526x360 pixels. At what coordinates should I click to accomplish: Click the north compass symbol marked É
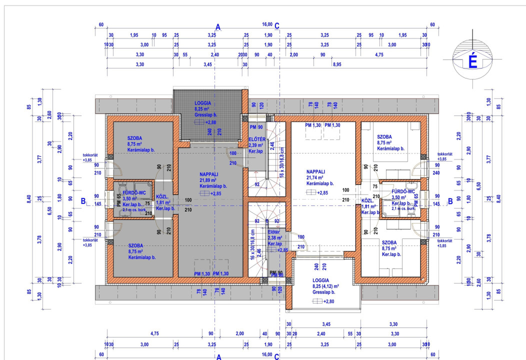471,62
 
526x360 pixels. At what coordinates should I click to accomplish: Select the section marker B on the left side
83,201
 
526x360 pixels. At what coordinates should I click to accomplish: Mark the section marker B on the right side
450,201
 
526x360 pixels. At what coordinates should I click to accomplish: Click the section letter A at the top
218,26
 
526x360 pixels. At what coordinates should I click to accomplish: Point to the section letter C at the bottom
277,356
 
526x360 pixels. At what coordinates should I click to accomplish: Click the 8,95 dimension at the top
337,64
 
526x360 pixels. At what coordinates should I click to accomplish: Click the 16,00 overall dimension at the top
267,24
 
